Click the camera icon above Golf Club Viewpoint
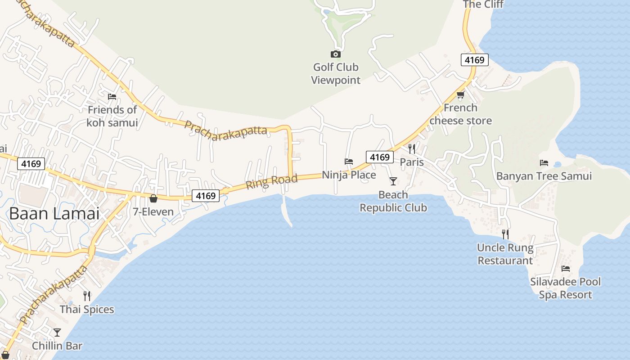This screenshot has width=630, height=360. (x=335, y=54)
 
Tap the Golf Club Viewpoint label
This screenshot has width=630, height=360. (x=336, y=74)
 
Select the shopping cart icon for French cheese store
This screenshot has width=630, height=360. (x=460, y=94)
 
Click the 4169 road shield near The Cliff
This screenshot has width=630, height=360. (x=474, y=60)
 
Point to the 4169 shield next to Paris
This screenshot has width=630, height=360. (x=379, y=157)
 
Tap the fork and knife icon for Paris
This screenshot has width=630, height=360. (x=412, y=148)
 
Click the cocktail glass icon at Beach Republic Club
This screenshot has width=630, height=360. (x=393, y=181)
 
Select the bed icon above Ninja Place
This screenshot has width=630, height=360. (x=349, y=162)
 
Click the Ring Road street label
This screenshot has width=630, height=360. (x=272, y=182)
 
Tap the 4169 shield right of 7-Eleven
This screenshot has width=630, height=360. (x=206, y=196)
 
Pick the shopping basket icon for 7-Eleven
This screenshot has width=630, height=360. (x=153, y=198)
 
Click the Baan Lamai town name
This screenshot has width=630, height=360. (x=54, y=213)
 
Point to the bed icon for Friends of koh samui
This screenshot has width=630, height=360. (x=112, y=96)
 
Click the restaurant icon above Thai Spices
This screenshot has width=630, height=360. (x=87, y=296)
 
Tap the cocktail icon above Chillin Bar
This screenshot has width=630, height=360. (x=57, y=333)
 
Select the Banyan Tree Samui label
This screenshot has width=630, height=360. (x=544, y=176)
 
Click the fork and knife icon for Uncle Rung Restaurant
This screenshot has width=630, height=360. (x=505, y=234)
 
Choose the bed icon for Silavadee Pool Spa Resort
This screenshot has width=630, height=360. (x=566, y=269)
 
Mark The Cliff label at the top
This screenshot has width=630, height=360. (x=483, y=4)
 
